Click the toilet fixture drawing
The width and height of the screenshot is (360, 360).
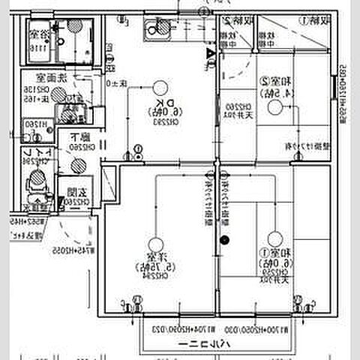coord(34,180)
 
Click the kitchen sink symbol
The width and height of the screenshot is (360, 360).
coord(158,29)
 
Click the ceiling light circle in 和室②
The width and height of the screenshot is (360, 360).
coord(276,108)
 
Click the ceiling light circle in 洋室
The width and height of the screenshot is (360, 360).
coord(154,243)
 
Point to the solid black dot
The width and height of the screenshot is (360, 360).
coord(223,240)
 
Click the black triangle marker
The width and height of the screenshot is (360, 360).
coord(211,54)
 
